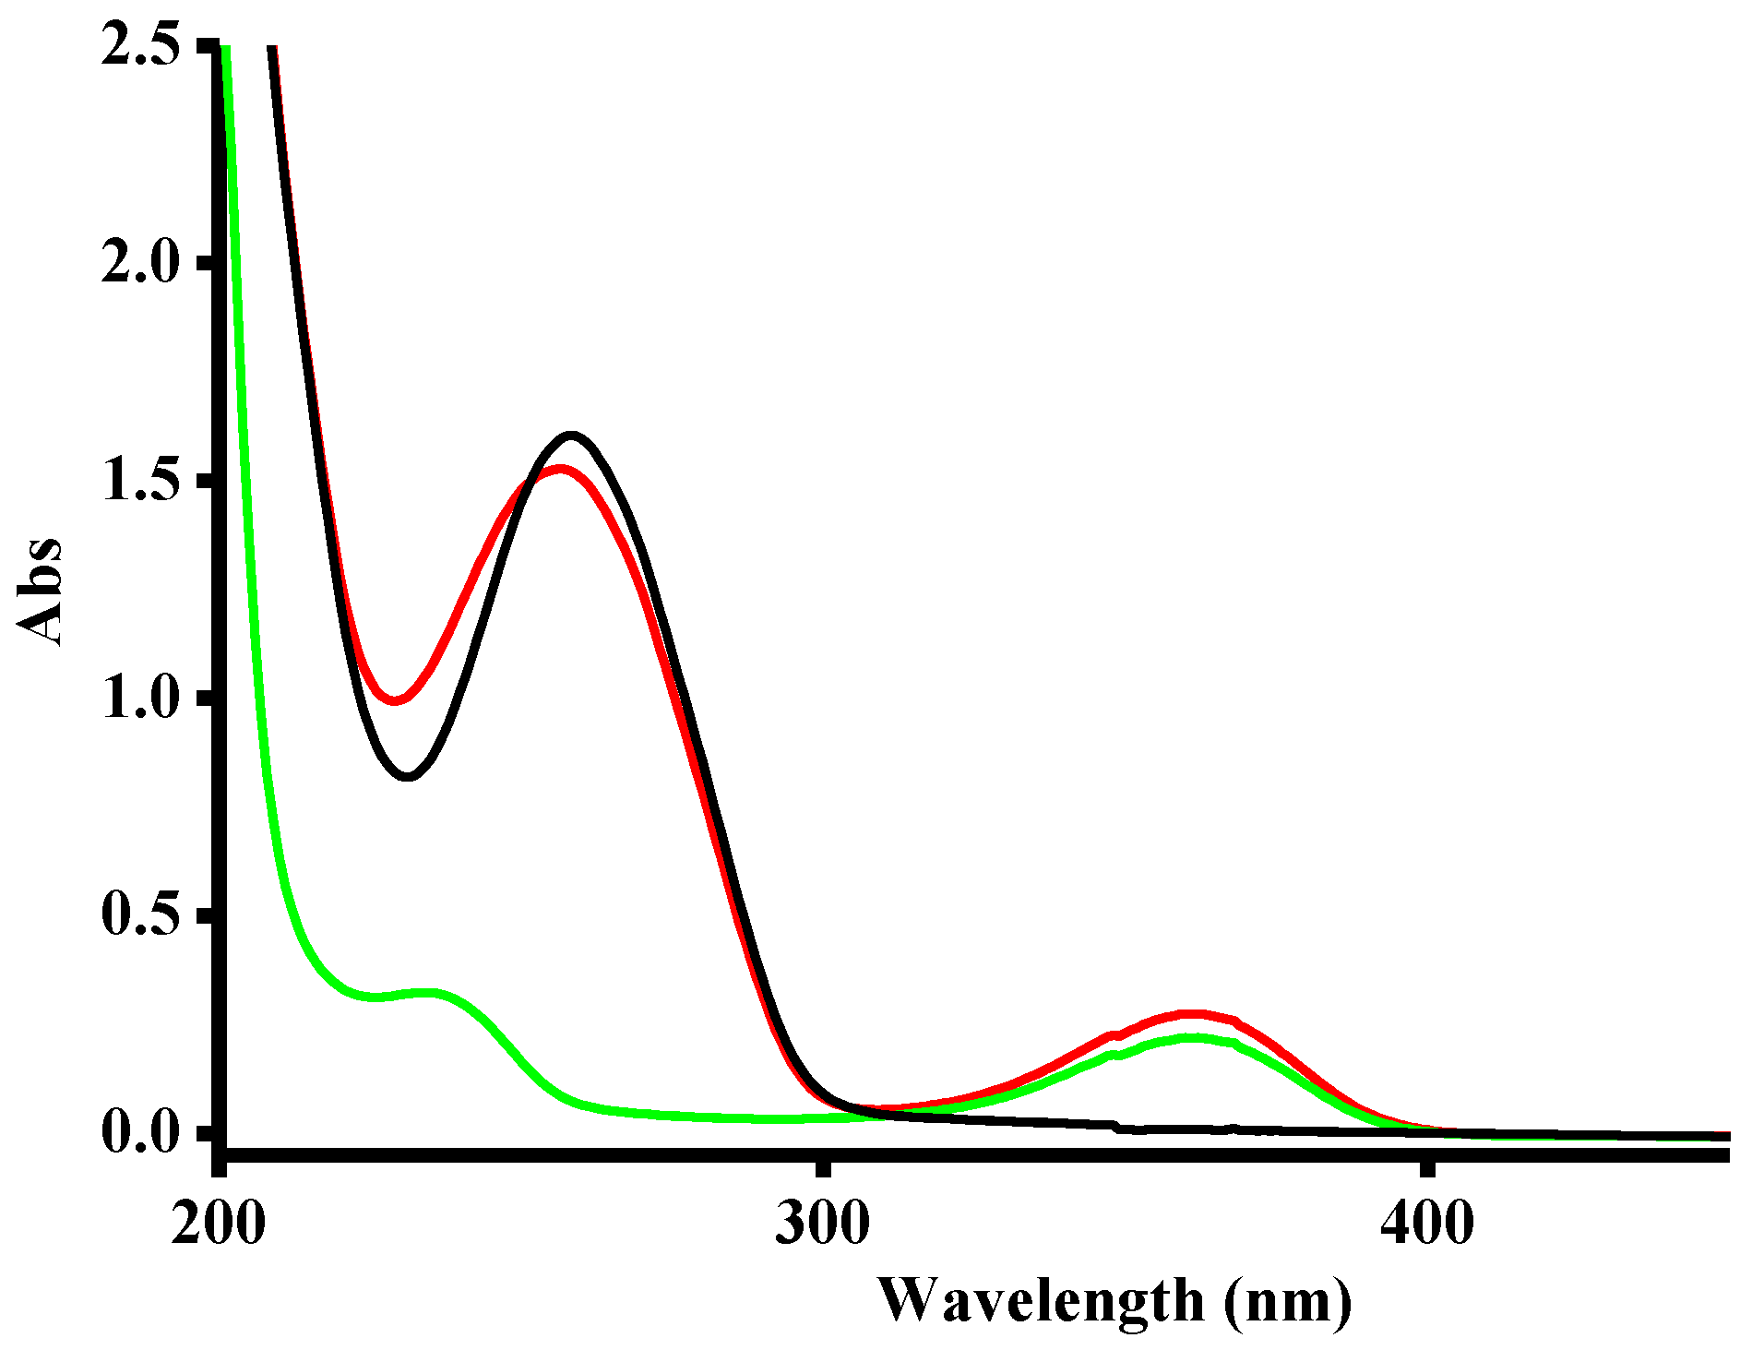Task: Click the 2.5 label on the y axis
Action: coord(139,46)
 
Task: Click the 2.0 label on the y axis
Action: coord(139,264)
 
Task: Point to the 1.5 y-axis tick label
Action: coord(139,482)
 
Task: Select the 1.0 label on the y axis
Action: coord(139,699)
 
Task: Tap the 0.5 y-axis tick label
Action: coord(139,915)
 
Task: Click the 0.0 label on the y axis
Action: coord(139,1133)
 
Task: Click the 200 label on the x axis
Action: coord(219,1224)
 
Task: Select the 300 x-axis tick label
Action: coord(822,1224)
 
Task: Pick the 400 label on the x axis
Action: coord(1426,1224)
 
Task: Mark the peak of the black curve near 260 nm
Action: coord(572,435)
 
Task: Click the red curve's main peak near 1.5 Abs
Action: coord(560,470)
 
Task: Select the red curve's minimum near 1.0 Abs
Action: coord(396,699)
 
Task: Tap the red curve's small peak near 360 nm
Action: coord(1192,1014)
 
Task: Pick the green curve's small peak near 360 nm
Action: coord(1192,1038)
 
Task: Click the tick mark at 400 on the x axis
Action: coord(1426,1167)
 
